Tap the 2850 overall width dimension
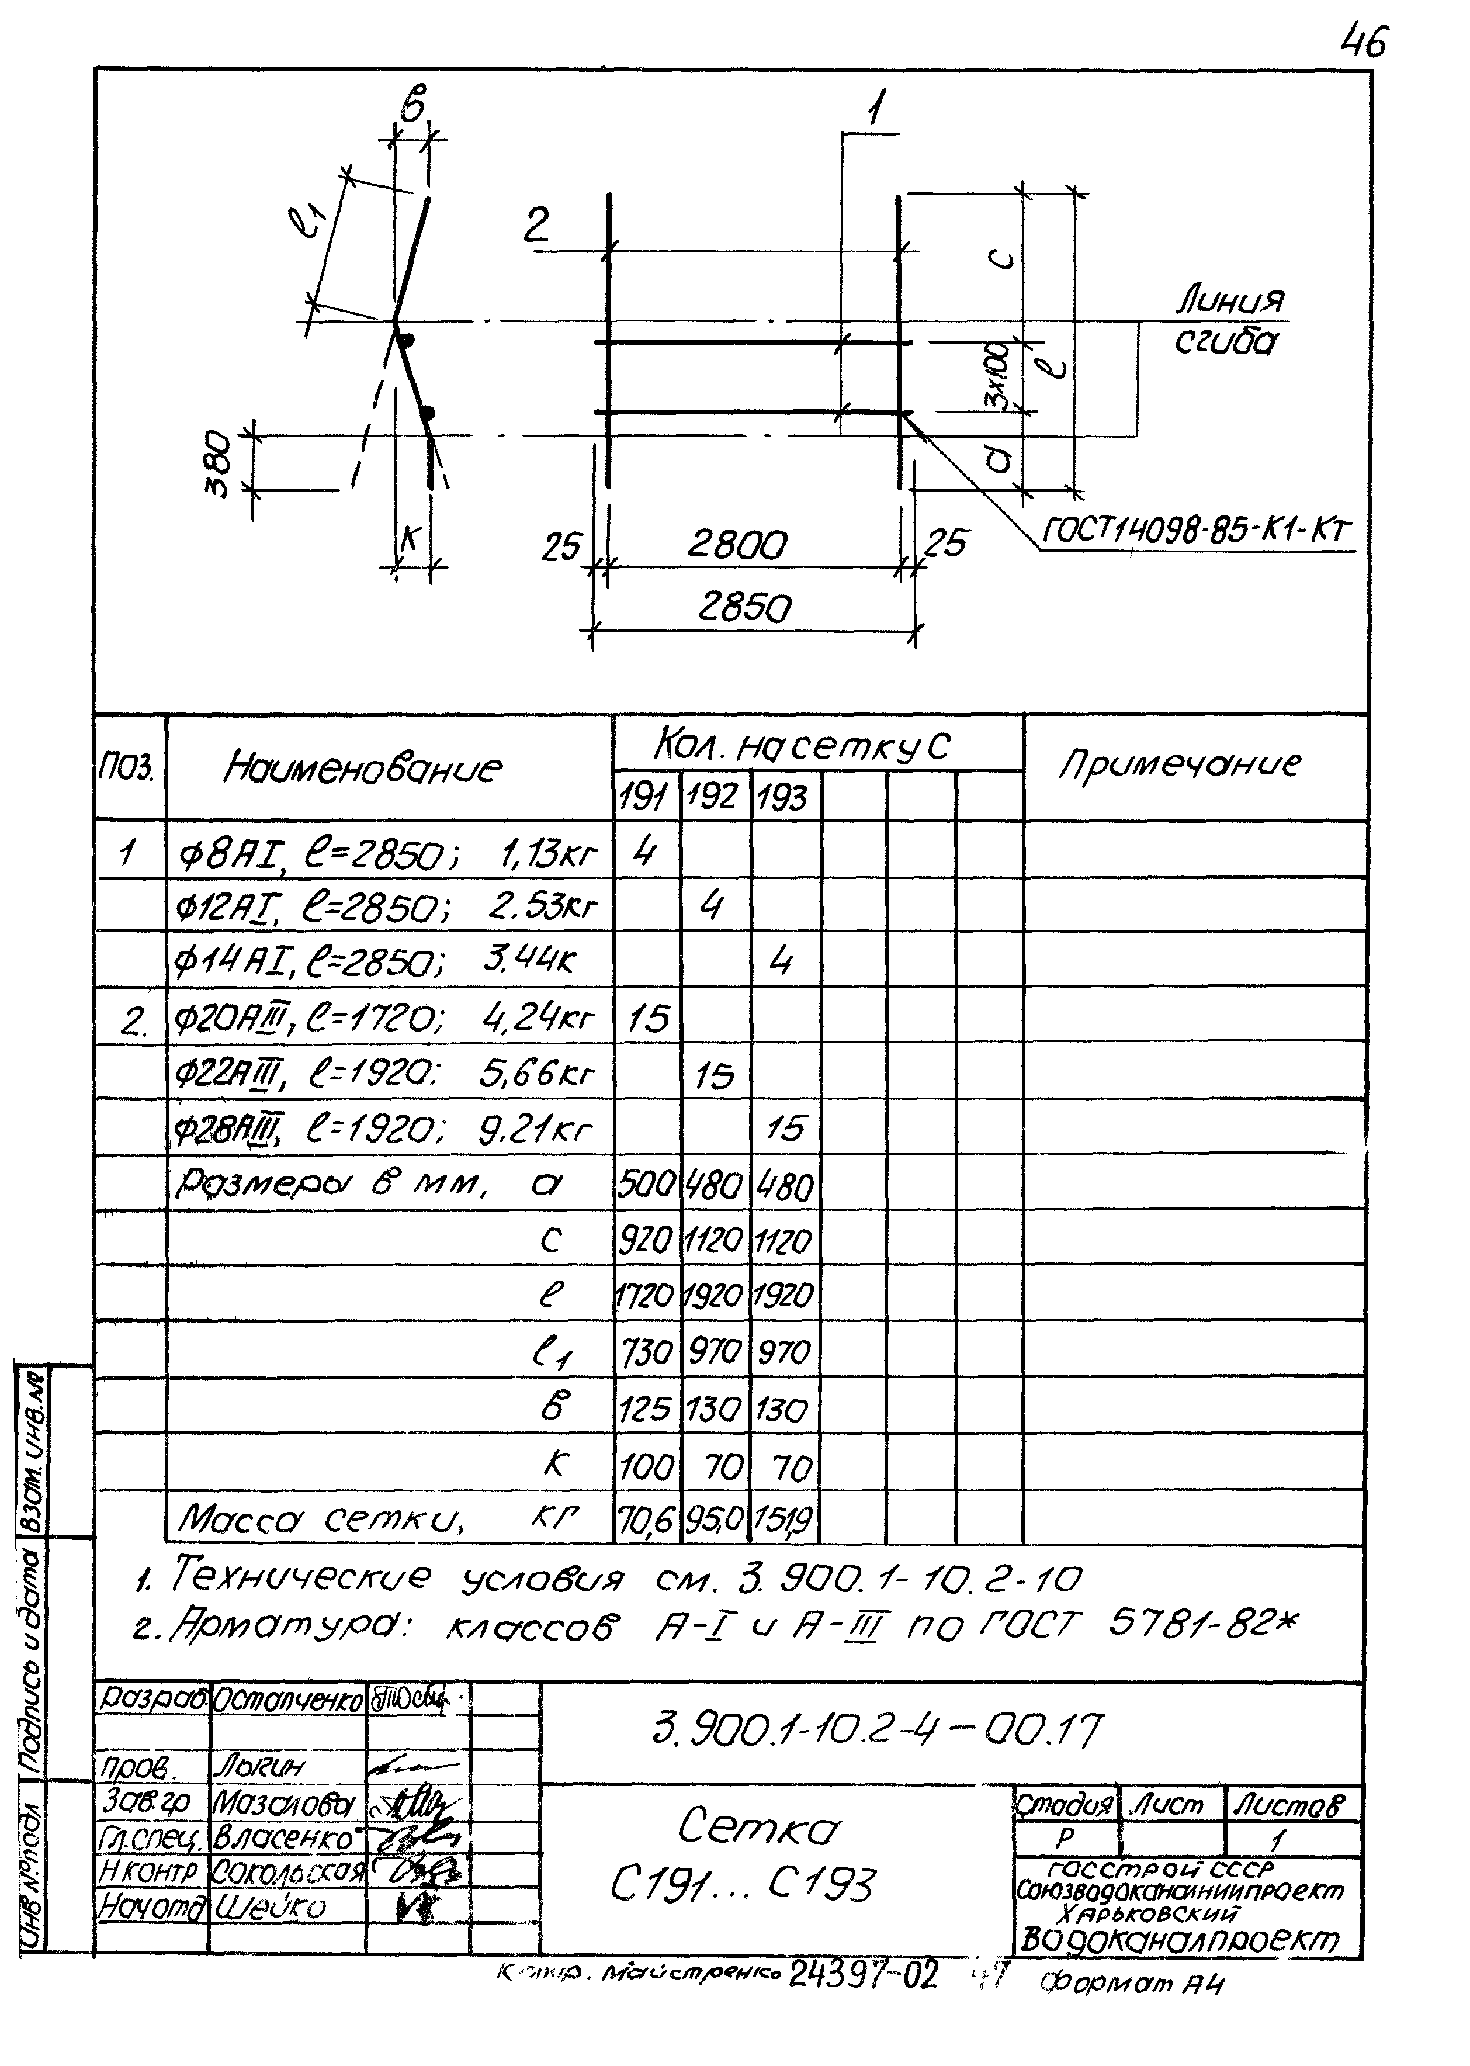coord(744,607)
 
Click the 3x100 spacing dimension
coord(999,374)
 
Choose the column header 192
coord(714,798)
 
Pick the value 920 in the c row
coord(646,1240)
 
